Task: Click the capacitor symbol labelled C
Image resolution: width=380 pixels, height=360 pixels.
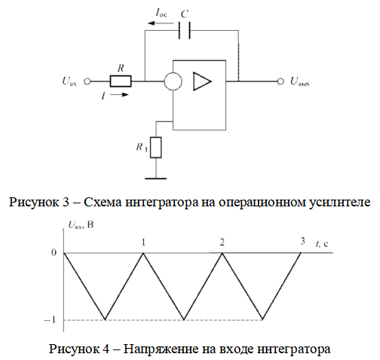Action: [x=185, y=30]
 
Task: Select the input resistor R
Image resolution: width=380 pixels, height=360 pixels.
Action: [x=121, y=81]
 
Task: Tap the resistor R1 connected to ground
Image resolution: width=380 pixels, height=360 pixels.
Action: [x=156, y=148]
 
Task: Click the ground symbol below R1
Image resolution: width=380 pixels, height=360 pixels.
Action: [x=156, y=178]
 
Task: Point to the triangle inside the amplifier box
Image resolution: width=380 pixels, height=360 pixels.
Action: [x=202, y=81]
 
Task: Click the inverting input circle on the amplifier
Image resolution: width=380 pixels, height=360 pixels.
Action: [x=173, y=81]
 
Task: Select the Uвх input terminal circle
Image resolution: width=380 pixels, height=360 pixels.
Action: [x=87, y=81]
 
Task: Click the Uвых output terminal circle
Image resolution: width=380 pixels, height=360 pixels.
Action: [x=280, y=81]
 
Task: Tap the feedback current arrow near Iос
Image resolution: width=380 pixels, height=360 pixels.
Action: [x=161, y=23]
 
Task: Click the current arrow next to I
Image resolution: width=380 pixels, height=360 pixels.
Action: [x=120, y=95]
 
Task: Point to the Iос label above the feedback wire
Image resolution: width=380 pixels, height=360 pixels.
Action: [x=161, y=13]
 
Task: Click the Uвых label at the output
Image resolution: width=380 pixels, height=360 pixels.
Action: [x=300, y=81]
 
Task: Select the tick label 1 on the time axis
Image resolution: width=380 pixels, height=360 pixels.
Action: [x=143, y=243]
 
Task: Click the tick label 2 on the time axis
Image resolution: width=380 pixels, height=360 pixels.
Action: [x=222, y=243]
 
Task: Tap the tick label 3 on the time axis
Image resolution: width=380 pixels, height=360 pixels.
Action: [x=302, y=241]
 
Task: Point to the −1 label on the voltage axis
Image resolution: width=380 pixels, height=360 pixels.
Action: [x=50, y=320]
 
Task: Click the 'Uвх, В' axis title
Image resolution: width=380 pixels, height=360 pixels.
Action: [x=81, y=224]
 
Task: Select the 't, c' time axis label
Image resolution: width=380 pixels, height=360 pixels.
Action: [x=322, y=243]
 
